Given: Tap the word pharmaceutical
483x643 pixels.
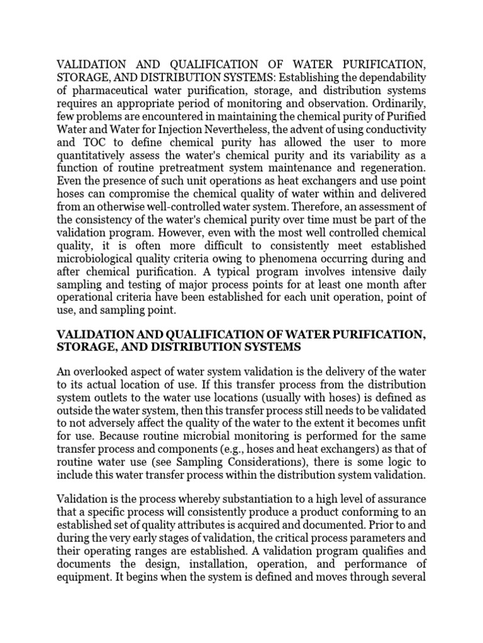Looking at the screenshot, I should (x=106, y=90).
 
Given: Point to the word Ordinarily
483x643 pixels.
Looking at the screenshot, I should (x=400, y=103).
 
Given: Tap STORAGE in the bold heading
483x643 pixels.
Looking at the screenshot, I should (x=84, y=347).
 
